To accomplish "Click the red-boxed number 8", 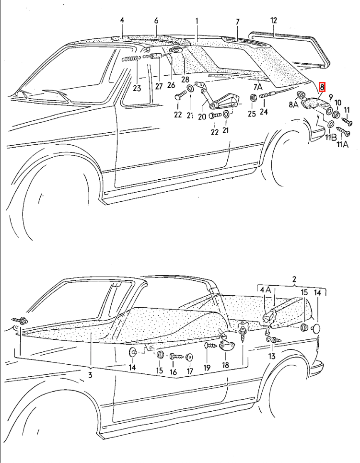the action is pos(322,87).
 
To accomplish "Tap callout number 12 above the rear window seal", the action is pos(273,21).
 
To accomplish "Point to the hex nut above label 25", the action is pos(253,97).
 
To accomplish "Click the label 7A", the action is pos(258,87).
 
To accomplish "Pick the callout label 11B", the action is pos(331,138).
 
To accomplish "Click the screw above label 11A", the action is pos(343,131).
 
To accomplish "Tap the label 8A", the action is pos(293,104).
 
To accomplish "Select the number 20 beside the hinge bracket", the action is pos(202,116).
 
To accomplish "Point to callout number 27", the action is pos(159,86).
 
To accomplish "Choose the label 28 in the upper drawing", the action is pos(185,80).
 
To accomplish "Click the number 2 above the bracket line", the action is pos(294,279).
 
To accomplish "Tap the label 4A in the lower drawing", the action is pos(266,289).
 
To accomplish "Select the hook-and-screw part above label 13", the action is pos(273,340).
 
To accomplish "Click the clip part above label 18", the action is pos(226,346).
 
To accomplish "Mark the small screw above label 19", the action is pos(210,346).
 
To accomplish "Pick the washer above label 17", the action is pos(190,358).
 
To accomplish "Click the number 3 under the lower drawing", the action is pos(90,375).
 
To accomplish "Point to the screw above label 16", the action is pos(176,357).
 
